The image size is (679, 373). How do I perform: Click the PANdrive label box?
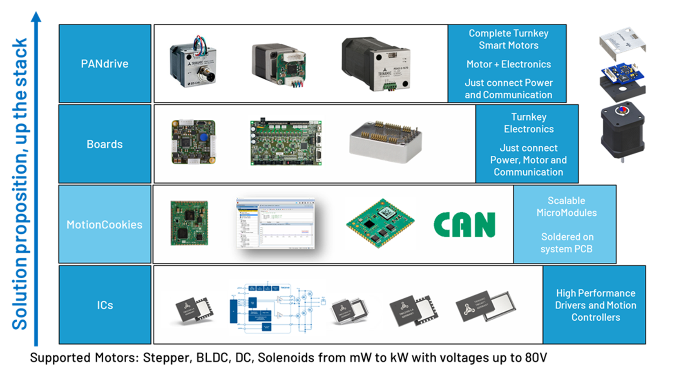click(x=105, y=63)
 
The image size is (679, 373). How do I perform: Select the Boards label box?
click(x=105, y=144)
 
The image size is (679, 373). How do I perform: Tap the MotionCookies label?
click(x=105, y=224)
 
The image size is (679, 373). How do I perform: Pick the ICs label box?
click(x=105, y=305)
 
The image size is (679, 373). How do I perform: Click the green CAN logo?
click(x=464, y=224)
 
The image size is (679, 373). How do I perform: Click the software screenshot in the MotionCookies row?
click(x=276, y=223)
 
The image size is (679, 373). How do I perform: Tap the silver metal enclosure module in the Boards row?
click(x=385, y=142)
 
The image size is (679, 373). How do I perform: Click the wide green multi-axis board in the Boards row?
click(x=286, y=143)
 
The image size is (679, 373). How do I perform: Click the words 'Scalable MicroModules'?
click(x=566, y=207)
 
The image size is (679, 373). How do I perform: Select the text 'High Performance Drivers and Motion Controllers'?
click(x=595, y=305)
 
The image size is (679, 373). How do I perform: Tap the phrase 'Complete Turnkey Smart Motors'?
click(x=508, y=39)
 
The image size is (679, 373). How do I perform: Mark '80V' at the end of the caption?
click(x=536, y=358)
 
